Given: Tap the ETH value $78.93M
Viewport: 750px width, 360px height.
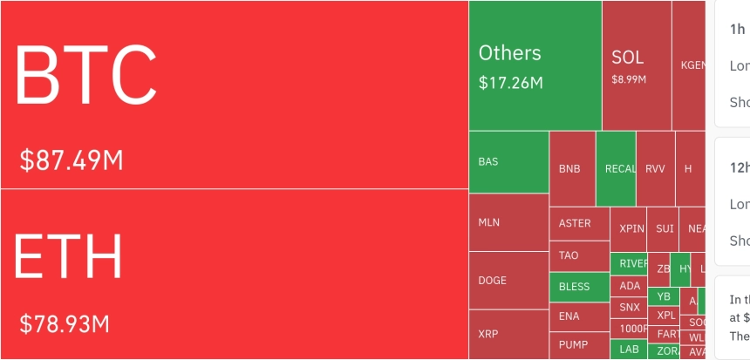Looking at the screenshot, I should pyautogui.click(x=65, y=324).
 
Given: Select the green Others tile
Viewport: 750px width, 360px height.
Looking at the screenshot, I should pyautogui.click(x=535, y=65).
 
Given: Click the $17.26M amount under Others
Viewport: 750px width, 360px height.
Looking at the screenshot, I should pyautogui.click(x=511, y=83).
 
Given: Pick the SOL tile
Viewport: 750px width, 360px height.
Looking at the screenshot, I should pyautogui.click(x=637, y=65).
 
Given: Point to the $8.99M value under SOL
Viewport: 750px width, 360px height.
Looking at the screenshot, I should pyautogui.click(x=629, y=79).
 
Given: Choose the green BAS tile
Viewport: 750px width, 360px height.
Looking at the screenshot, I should pyautogui.click(x=508, y=162).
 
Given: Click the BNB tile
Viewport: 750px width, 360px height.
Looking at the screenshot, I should pyautogui.click(x=572, y=168).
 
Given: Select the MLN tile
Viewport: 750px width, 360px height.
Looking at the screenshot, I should pyautogui.click(x=508, y=222).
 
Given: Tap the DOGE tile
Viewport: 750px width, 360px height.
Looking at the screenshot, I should pyautogui.click(x=508, y=281).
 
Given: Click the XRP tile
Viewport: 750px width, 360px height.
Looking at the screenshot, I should pyautogui.click(x=508, y=334).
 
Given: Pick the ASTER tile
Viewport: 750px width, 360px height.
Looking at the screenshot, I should pyautogui.click(x=579, y=224).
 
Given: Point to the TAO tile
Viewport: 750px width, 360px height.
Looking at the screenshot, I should pyautogui.click(x=579, y=256).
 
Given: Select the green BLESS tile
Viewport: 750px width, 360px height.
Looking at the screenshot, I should pyautogui.click(x=579, y=287).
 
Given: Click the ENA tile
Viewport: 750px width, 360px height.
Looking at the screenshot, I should pyautogui.click(x=579, y=316).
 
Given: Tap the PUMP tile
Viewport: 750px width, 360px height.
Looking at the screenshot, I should pyautogui.click(x=579, y=345).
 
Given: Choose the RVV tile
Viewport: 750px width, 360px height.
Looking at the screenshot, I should pyautogui.click(x=655, y=168).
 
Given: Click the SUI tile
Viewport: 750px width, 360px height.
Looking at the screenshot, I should pyautogui.click(x=665, y=228).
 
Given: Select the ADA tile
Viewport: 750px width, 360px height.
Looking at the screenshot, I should pyautogui.click(x=629, y=285).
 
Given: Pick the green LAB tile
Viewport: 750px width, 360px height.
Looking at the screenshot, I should pyautogui.click(x=629, y=350).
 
